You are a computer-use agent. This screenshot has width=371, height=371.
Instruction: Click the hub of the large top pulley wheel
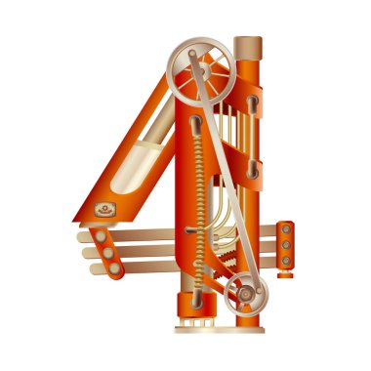203,70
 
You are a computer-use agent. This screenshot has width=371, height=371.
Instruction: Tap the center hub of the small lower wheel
246,294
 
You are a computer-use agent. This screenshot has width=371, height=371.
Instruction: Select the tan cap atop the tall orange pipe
248,48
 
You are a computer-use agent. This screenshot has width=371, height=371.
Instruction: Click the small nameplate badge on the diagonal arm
105,209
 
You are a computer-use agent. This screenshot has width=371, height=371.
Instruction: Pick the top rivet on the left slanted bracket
101,236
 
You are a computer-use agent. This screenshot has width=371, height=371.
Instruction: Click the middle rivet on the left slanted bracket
107,253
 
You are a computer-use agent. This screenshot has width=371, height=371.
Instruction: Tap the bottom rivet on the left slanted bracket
114,268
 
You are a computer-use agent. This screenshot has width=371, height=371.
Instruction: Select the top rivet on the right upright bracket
286,229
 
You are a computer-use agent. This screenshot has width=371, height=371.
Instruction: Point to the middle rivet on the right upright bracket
286,245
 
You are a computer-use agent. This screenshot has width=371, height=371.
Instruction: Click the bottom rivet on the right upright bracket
286,261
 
